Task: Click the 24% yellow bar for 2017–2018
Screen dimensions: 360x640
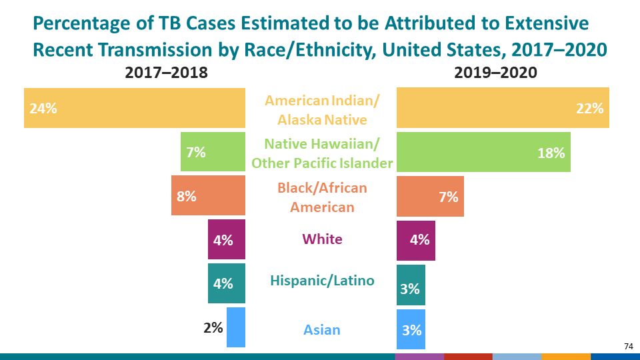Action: click(135, 108)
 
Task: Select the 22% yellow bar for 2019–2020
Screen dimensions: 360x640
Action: click(503, 108)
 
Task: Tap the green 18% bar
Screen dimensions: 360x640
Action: click(483, 152)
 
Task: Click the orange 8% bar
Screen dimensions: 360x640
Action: click(208, 196)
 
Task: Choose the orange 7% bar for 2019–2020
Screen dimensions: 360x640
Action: click(430, 196)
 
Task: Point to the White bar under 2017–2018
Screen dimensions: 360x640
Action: click(227, 240)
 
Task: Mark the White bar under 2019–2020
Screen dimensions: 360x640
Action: click(416, 240)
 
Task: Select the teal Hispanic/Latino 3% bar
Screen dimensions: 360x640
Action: click(411, 285)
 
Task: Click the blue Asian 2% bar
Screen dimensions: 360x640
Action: click(236, 327)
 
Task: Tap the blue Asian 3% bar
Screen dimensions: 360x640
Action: click(411, 329)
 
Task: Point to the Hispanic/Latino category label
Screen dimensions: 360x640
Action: click(322, 281)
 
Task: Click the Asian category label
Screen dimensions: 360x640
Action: click(322, 329)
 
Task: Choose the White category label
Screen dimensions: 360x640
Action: click(322, 239)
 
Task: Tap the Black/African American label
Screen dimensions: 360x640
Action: click(322, 197)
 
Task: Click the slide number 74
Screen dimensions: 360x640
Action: click(628, 346)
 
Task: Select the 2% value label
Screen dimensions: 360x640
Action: click(213, 327)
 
